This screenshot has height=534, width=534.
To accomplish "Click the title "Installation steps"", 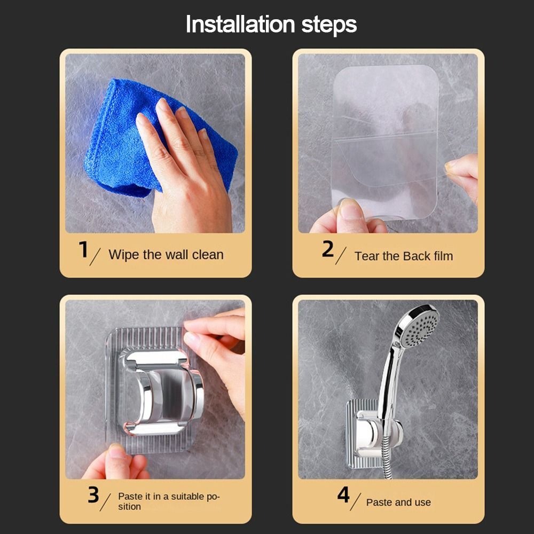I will pos(271,25).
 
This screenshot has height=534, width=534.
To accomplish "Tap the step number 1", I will pos(83,249).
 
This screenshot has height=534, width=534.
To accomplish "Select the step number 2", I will pos(327,249).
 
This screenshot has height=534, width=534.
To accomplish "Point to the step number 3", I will pos(93,495).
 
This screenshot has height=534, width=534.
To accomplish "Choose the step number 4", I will pos(343,495).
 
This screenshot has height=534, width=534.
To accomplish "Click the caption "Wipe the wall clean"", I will pos(166,255).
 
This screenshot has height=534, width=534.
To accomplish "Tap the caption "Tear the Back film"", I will pos(403,256).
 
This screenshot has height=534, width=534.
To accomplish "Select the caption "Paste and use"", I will pos(398,502).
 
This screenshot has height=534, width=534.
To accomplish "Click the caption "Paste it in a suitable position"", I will pos(168,501).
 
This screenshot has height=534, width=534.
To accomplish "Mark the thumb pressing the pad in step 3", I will pos(119,459).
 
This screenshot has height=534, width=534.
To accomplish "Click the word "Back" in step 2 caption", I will pos(417,256).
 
